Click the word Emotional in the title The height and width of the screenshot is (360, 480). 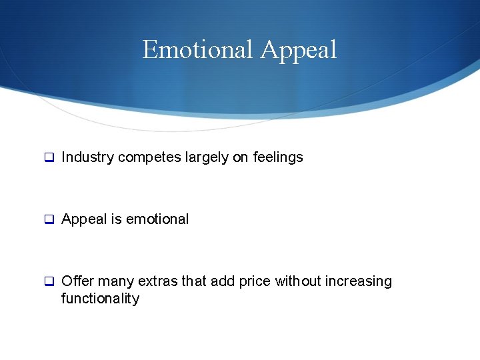coord(198,50)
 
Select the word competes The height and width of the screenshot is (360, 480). coord(141,158)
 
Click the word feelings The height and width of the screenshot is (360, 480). coord(278,157)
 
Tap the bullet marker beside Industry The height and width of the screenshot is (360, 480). coord(49,158)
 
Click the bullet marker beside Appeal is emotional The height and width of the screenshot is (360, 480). coord(49,219)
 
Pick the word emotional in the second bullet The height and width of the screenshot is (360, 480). coord(157,219)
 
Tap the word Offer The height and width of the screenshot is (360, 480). coord(77,281)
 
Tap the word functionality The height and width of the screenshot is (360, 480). coord(100,299)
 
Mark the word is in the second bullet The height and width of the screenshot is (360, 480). coord(115,219)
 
